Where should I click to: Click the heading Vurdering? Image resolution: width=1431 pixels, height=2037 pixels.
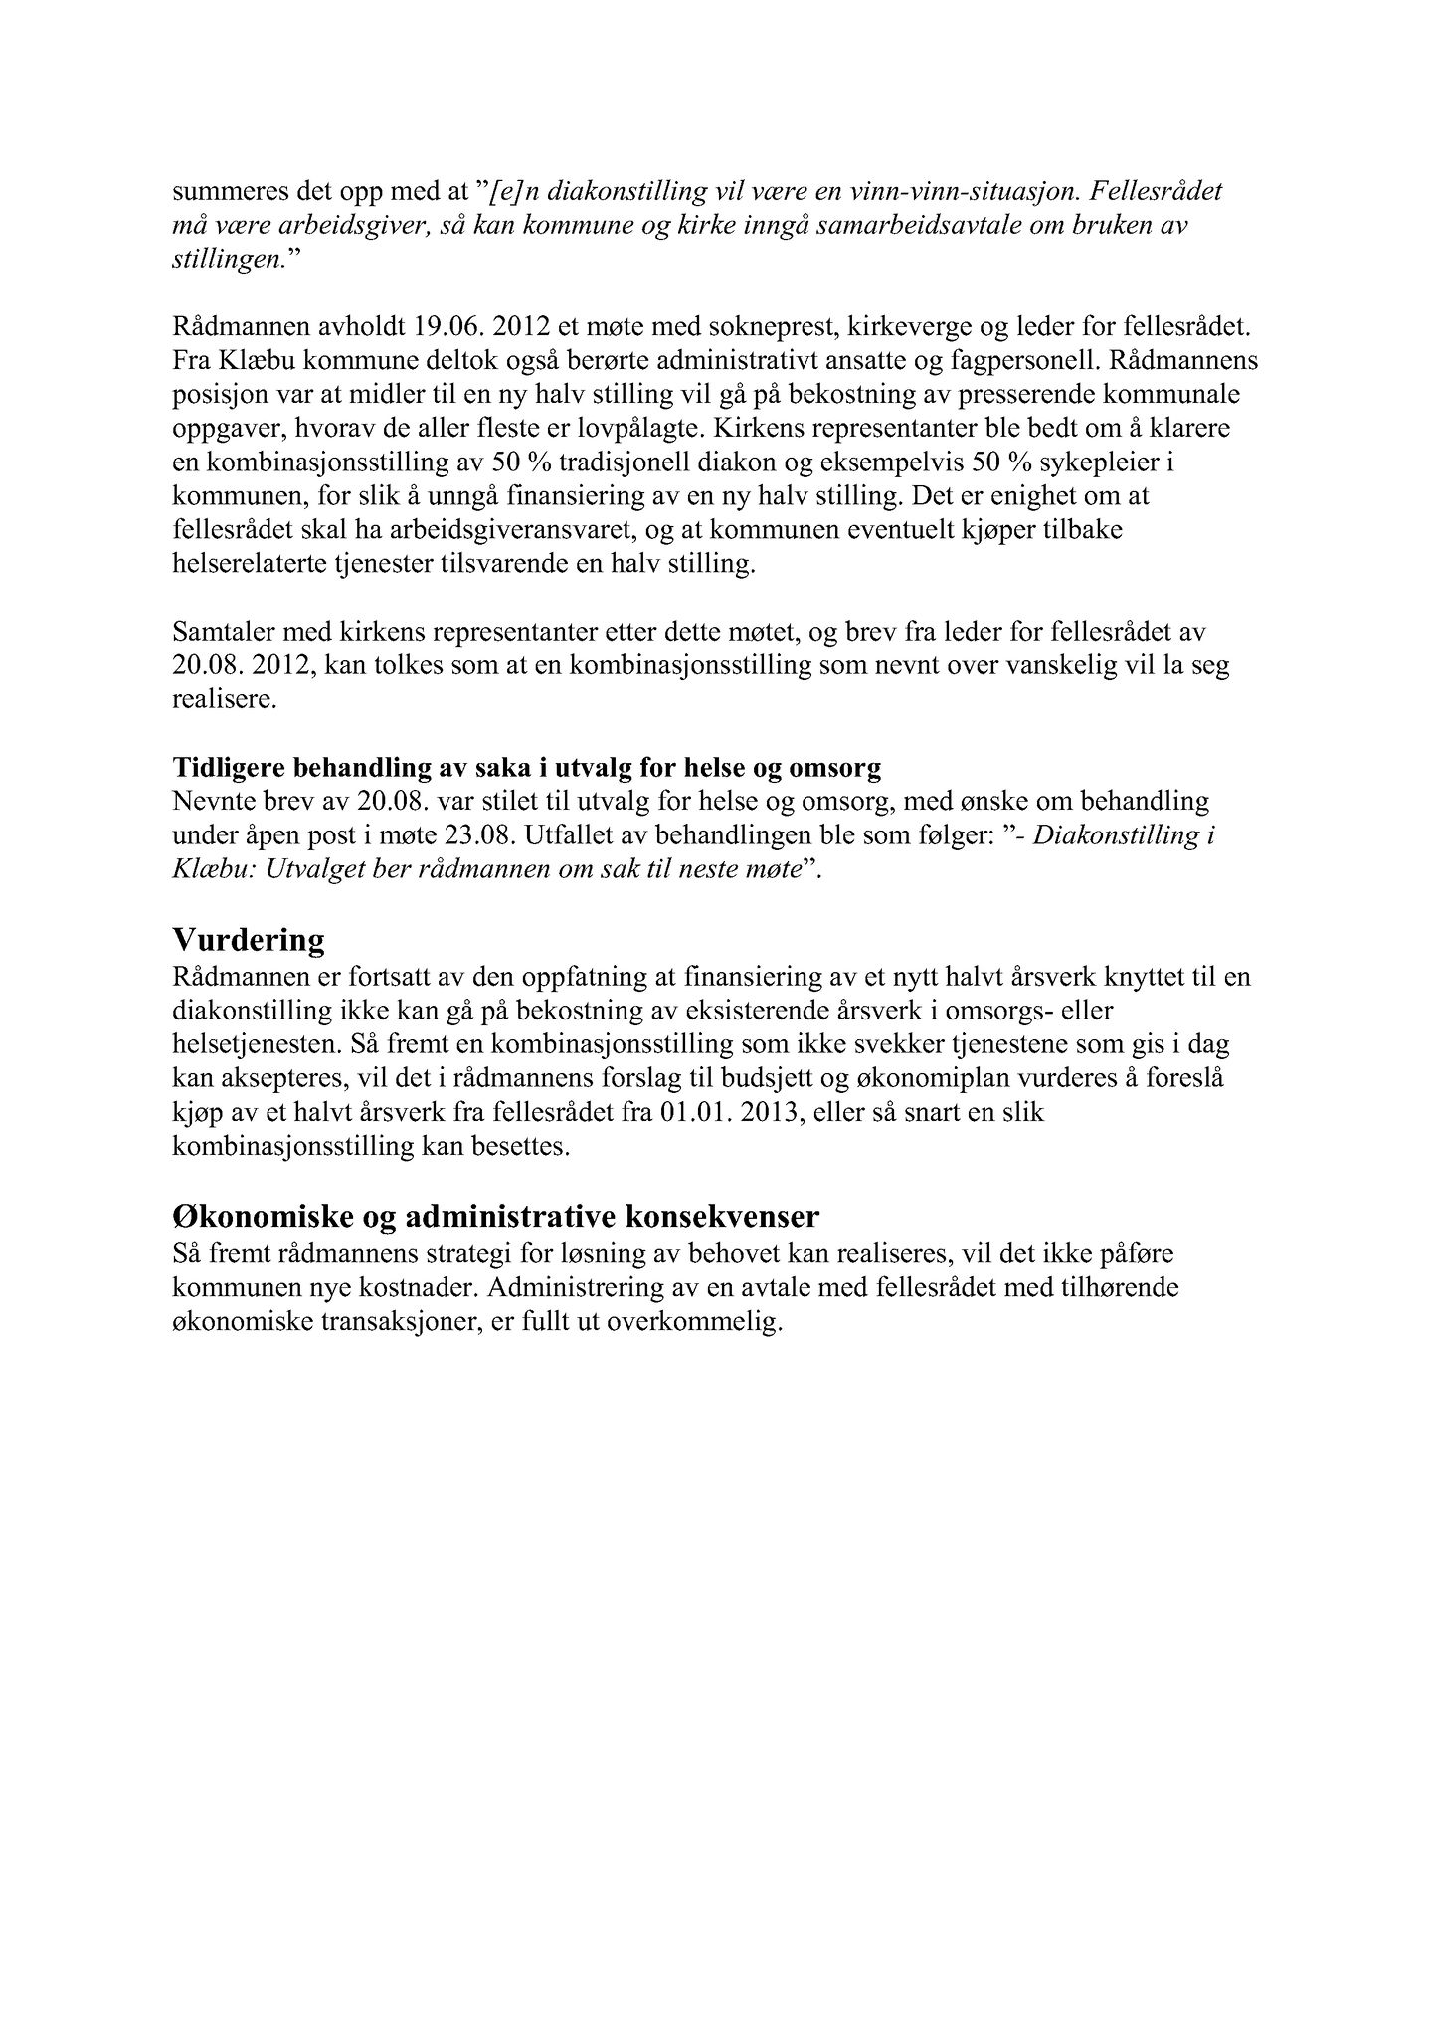tap(249, 940)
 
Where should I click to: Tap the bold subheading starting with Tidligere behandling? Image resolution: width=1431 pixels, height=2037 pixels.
tap(527, 768)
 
